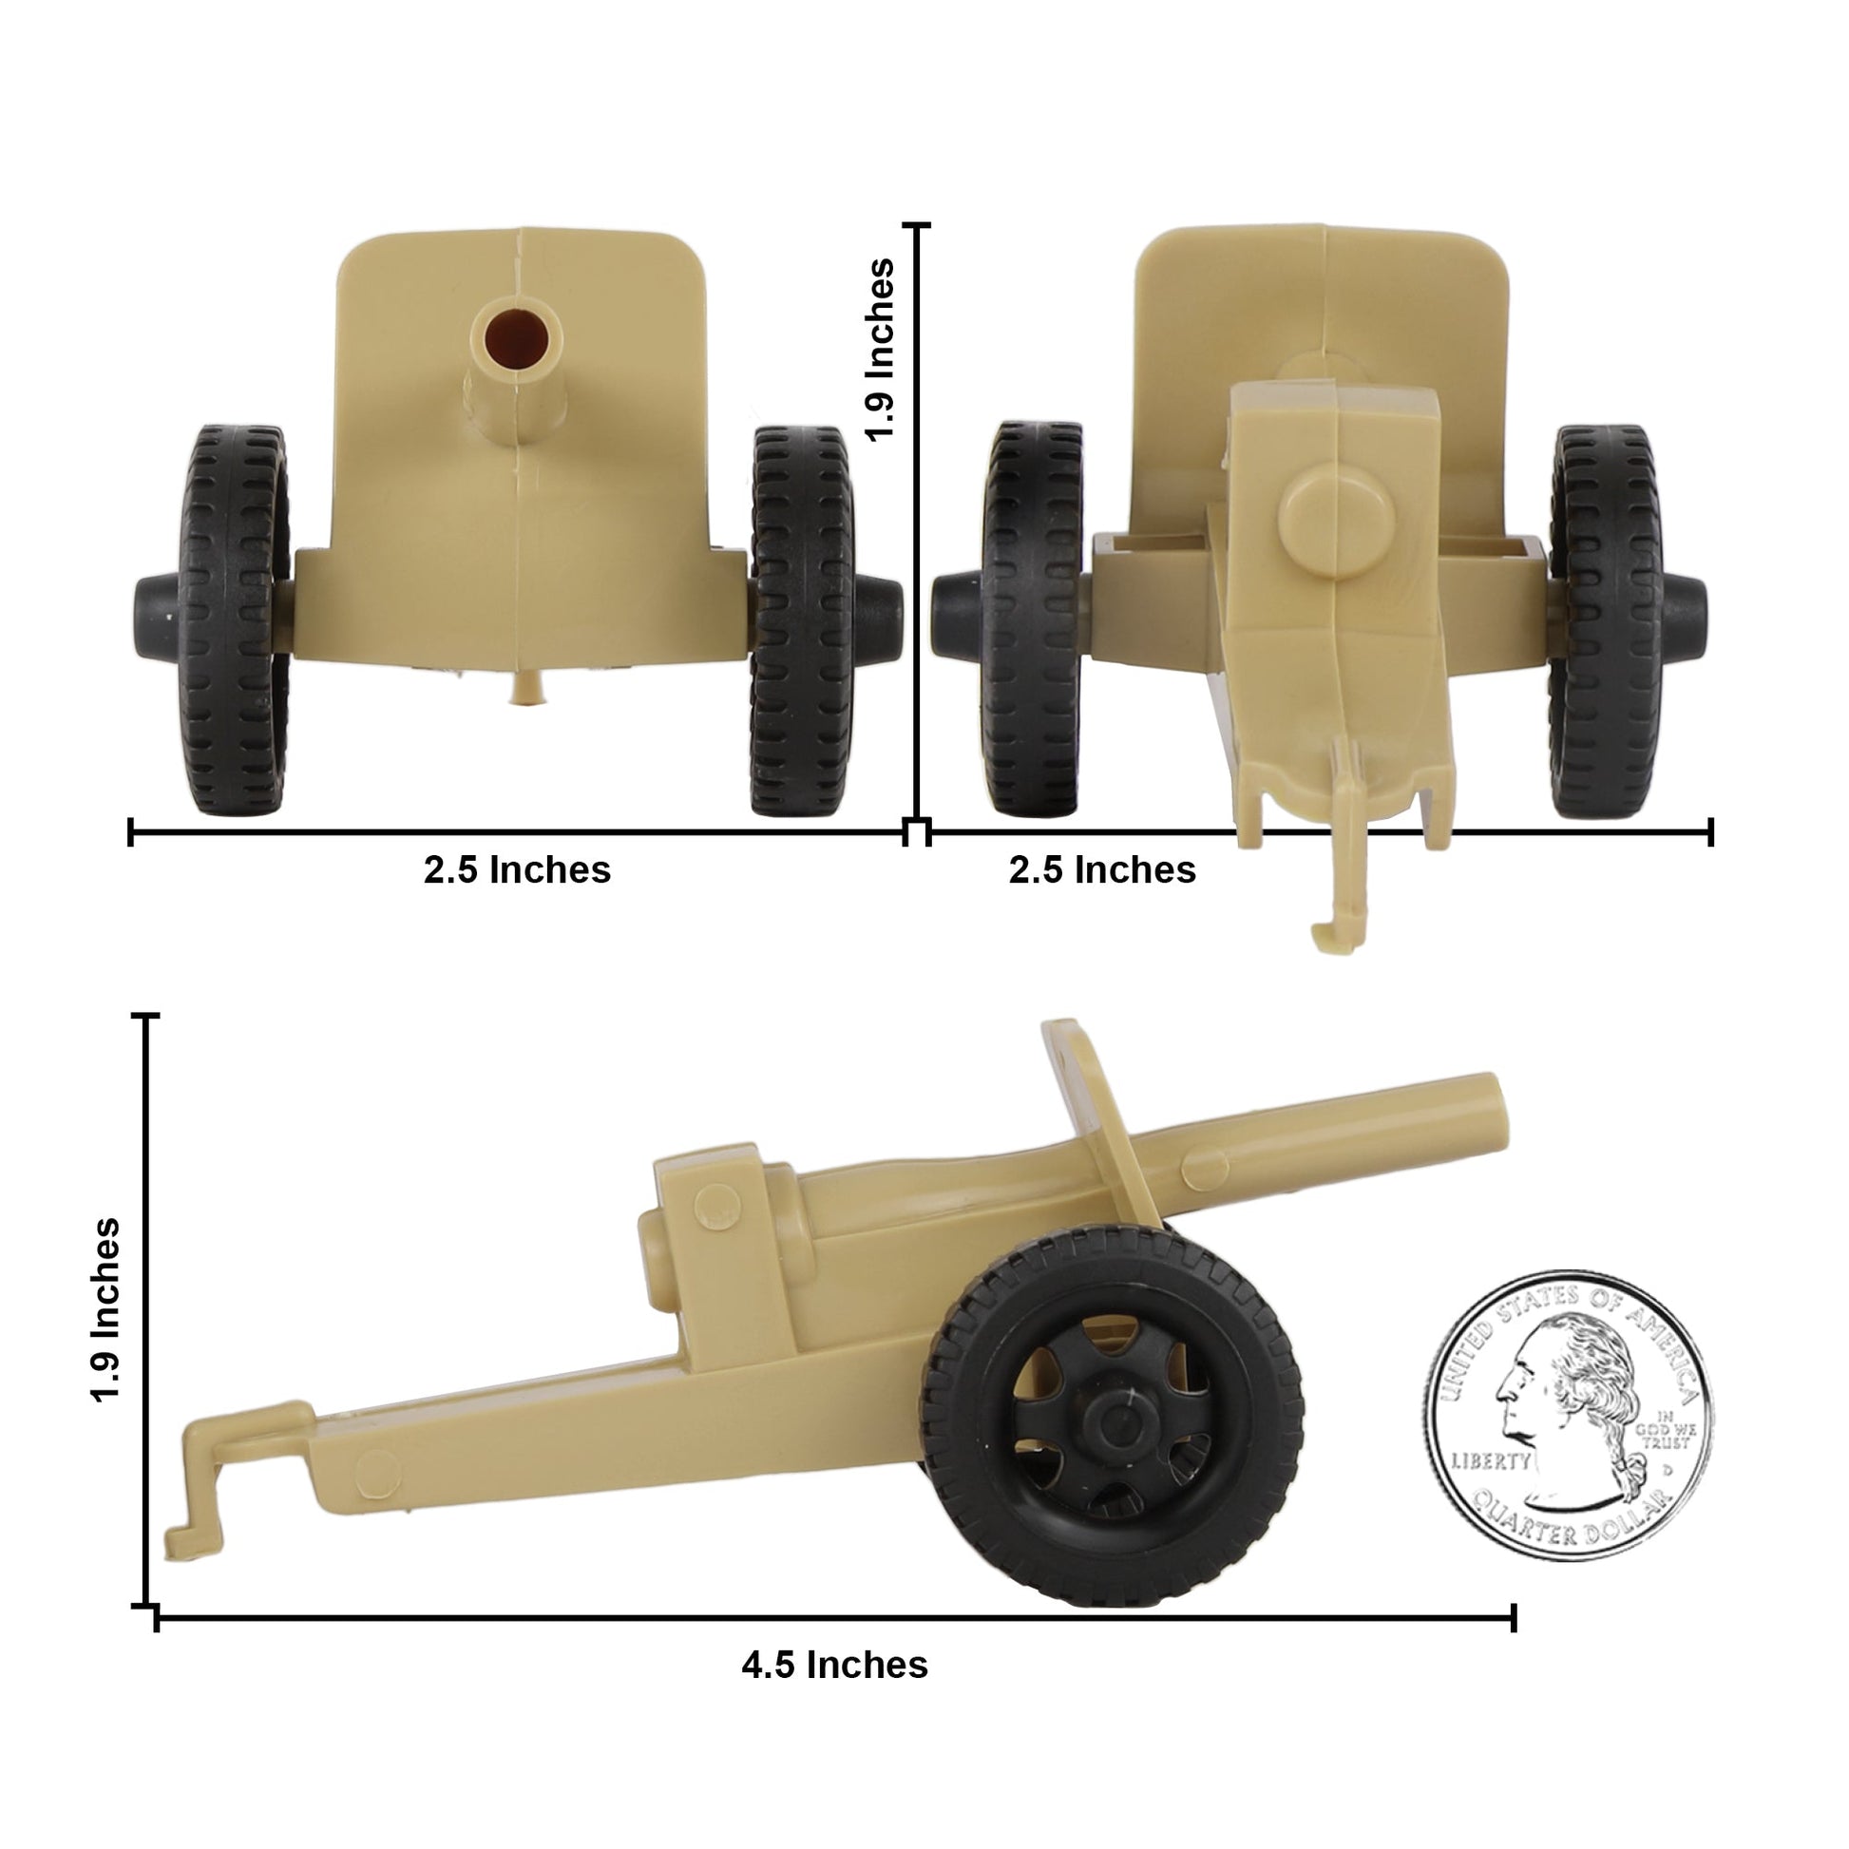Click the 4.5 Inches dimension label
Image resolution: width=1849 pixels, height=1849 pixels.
[x=834, y=1666]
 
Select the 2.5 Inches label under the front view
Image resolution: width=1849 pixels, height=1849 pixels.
[x=517, y=870]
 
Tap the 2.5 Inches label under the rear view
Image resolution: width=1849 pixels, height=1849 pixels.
[x=1101, y=870]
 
